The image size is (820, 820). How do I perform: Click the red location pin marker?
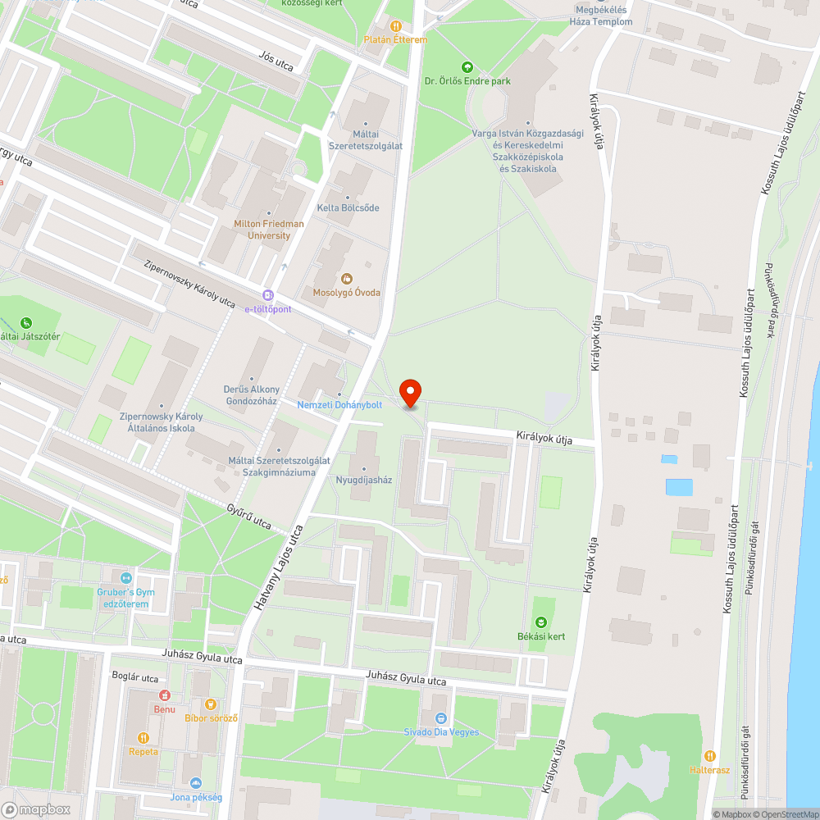(410, 393)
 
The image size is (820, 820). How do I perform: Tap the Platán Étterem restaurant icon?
(396, 26)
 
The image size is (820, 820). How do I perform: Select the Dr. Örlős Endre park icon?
(467, 67)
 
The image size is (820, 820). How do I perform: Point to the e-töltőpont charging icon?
(267, 295)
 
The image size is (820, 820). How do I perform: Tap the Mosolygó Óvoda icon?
(346, 279)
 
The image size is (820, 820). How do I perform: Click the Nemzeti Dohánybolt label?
(339, 404)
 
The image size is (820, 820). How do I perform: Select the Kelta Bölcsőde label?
(349, 208)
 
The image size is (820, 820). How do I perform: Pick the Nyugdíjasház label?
(364, 480)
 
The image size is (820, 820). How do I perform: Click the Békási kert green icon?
(540, 622)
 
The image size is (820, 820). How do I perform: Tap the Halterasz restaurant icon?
(709, 756)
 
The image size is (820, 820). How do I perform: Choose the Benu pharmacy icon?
(163, 695)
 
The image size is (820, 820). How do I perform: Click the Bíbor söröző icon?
(211, 704)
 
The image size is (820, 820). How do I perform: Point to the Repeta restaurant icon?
(143, 737)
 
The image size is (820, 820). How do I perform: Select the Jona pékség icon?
(195, 783)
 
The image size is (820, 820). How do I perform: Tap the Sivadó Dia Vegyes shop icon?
(441, 718)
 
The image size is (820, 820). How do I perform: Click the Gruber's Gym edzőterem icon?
(125, 579)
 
